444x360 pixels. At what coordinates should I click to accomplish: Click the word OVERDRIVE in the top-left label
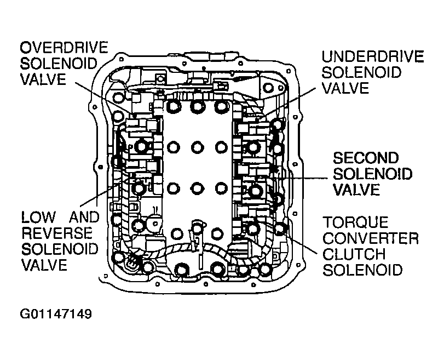point(64,47)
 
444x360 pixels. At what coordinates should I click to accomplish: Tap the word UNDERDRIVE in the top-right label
point(373,56)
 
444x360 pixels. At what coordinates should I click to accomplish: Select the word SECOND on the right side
point(366,158)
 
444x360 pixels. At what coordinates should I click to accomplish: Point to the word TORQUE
point(355,222)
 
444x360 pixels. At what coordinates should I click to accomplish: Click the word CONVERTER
point(371,238)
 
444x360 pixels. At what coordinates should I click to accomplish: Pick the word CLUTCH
point(354,254)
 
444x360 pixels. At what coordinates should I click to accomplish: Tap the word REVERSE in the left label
point(57,233)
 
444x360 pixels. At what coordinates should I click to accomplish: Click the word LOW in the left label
point(38,218)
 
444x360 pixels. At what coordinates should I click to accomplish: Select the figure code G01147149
point(56,314)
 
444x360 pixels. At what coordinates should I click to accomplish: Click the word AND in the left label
point(84,218)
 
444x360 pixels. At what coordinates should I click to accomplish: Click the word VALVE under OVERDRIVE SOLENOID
point(43,79)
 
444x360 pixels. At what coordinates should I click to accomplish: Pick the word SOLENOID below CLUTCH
point(362,270)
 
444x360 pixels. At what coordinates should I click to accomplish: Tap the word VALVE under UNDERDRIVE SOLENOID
point(345,88)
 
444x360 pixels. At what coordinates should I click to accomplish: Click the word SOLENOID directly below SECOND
point(373,174)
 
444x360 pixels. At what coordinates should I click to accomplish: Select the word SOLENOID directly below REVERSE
point(60,249)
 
